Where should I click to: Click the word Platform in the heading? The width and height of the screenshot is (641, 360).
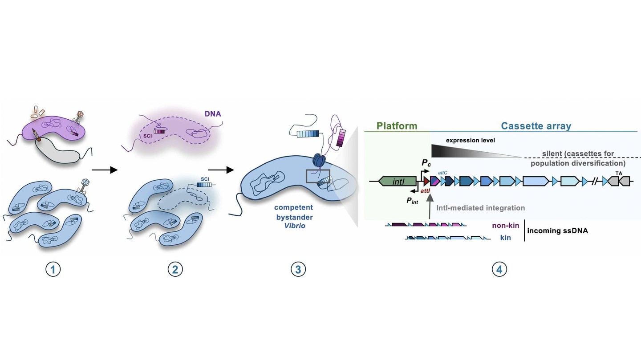(397, 126)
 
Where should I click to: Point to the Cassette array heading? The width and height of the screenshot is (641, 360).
(536, 126)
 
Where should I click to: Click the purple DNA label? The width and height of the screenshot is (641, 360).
(212, 114)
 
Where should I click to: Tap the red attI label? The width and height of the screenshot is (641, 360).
(426, 191)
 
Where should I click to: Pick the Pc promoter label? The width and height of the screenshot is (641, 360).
(426, 163)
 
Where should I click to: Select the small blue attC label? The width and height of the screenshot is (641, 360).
(442, 172)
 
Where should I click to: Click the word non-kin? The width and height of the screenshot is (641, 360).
(505, 226)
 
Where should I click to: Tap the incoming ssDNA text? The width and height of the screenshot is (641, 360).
(557, 231)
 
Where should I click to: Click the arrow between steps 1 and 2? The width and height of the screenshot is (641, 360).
(104, 170)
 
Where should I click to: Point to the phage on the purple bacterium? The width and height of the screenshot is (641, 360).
(80, 117)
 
